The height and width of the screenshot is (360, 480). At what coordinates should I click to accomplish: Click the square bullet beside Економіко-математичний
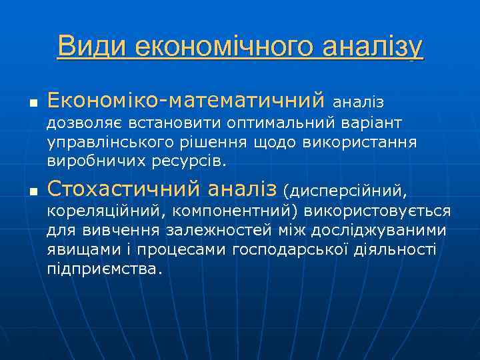(31, 103)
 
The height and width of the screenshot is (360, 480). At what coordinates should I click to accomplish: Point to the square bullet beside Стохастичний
(31, 193)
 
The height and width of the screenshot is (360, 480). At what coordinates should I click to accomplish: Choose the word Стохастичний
(125, 189)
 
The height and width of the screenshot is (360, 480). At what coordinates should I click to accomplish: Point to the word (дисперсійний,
(345, 191)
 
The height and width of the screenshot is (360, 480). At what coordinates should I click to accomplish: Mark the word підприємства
(103, 269)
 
